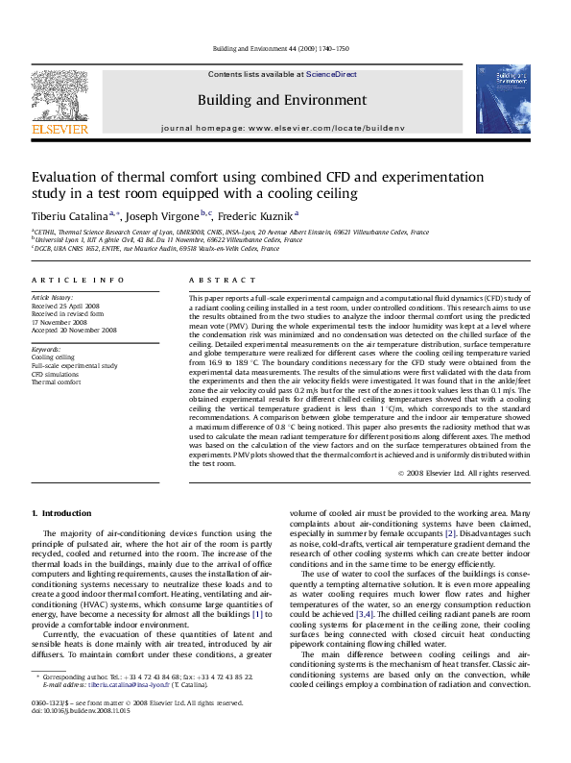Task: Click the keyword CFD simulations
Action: tap(56, 373)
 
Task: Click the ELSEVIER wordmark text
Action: tap(47, 125)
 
